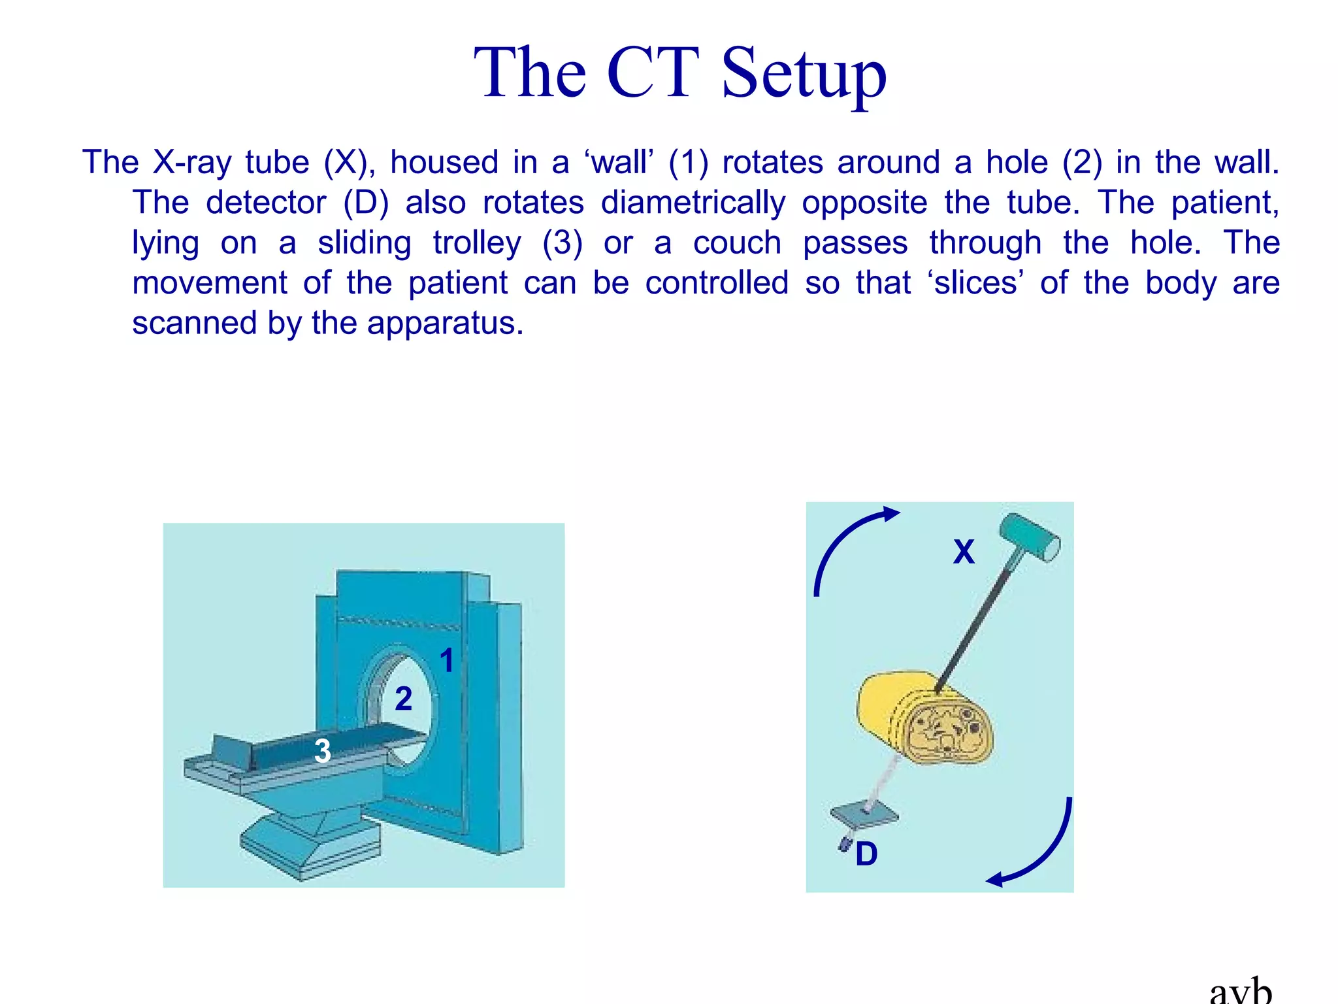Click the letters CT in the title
click(653, 73)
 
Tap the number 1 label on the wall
click(447, 660)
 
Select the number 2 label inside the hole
click(404, 699)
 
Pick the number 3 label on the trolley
click(322, 751)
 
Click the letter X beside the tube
click(964, 552)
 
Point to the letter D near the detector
click(866, 854)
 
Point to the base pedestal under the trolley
click(310, 843)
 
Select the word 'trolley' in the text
click(477, 243)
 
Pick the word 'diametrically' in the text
click(693, 203)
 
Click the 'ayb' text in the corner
click(1241, 993)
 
